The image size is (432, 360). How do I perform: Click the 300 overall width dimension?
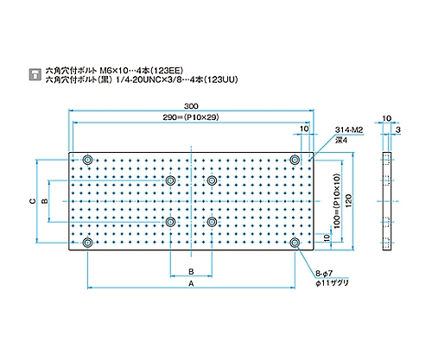point(191,106)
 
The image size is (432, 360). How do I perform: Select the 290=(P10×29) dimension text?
point(191,117)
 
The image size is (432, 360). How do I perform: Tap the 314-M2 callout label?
point(349,130)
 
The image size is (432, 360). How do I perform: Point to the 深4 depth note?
point(341,140)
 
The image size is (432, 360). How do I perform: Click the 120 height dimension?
point(348,201)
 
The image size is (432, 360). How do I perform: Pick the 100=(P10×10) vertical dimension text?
point(337,201)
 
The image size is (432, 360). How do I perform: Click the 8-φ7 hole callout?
point(324,273)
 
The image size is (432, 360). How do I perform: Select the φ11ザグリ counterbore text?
point(332,283)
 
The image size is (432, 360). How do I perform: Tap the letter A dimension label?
point(191,284)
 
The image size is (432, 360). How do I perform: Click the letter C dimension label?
point(33,201)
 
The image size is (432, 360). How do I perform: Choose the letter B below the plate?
point(191,271)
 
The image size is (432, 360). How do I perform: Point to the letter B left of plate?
point(45,201)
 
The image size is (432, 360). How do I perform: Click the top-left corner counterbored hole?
point(87,159)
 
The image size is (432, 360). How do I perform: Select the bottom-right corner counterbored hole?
point(295,243)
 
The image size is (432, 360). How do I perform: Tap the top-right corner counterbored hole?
point(295,159)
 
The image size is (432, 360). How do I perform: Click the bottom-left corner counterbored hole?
point(87,243)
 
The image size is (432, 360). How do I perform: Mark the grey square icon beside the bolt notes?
point(35,74)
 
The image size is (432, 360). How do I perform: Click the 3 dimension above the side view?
point(397,129)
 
